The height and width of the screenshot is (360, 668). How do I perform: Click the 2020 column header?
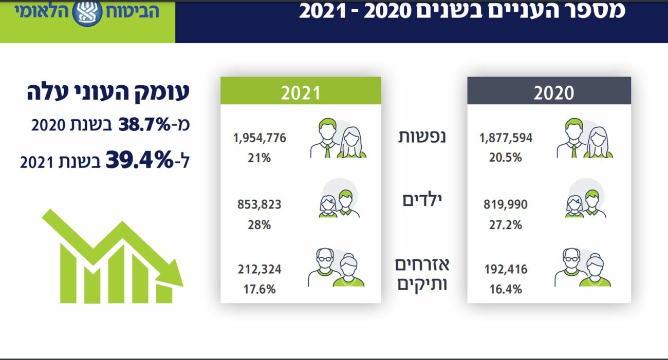point(549,92)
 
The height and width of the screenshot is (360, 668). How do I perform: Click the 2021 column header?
point(301,92)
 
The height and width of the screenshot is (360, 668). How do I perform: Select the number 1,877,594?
point(506,138)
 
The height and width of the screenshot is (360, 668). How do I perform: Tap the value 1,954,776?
point(259,138)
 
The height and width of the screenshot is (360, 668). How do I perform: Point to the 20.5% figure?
point(506,158)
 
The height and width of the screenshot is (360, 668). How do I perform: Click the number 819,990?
point(506,205)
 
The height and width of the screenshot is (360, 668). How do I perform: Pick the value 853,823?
point(259,205)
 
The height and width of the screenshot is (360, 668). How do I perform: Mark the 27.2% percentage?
point(506,225)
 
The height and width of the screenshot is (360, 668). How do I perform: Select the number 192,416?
point(506,270)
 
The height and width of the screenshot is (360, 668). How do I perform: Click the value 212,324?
point(259,270)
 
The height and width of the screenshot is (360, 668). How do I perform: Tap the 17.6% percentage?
point(259,289)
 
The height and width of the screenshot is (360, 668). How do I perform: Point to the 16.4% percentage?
point(506,289)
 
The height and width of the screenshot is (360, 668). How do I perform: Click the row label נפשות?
point(422,137)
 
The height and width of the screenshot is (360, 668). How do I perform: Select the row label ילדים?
point(422,201)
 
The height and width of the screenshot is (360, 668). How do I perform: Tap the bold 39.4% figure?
point(140,160)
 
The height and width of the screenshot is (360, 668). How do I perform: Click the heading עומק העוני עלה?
point(108,92)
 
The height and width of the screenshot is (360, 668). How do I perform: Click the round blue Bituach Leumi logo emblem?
point(87,13)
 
